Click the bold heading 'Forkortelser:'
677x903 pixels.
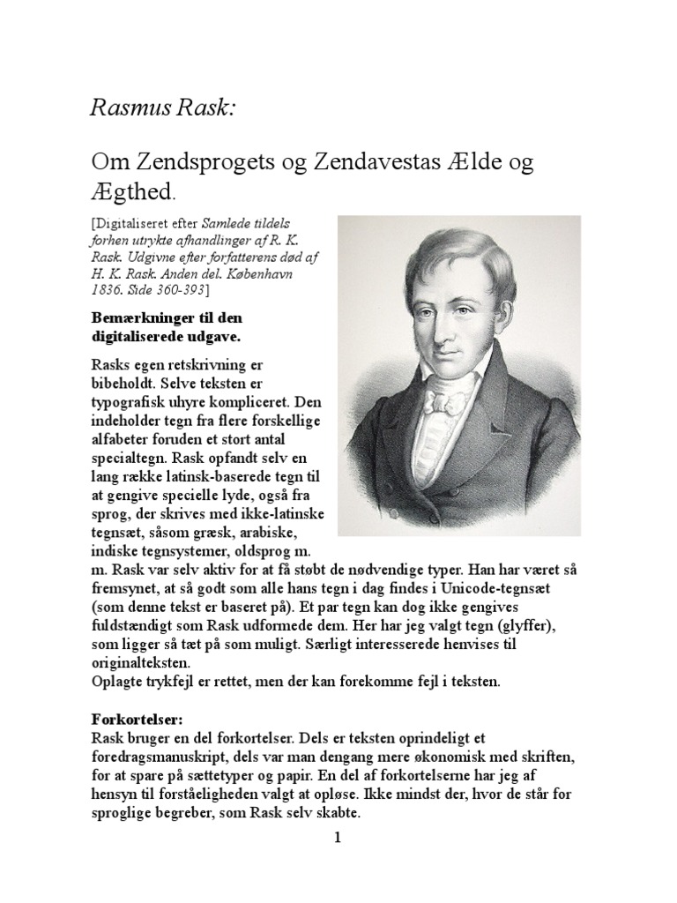tap(131, 720)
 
